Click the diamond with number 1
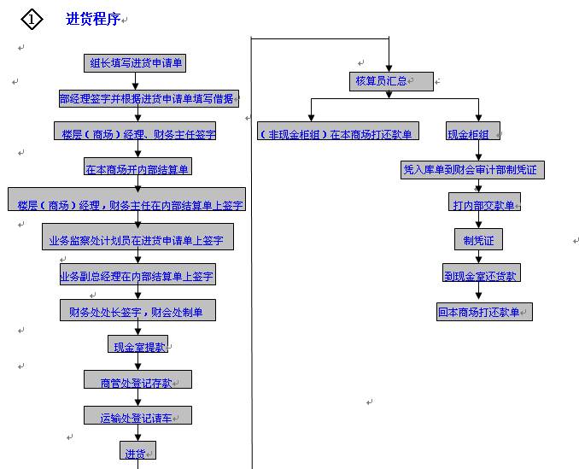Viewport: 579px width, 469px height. click(32, 19)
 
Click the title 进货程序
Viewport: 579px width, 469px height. click(93, 19)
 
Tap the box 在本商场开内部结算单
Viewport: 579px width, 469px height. click(137, 167)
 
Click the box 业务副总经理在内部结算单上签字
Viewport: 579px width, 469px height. click(137, 274)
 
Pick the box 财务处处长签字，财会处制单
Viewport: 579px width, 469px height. click(137, 310)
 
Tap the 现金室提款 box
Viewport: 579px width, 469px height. click(138, 345)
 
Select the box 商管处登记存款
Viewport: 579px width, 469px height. click(137, 380)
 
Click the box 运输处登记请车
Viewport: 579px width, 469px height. click(137, 416)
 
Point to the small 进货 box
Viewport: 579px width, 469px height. click(137, 450)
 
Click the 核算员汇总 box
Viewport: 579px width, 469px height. click(390, 82)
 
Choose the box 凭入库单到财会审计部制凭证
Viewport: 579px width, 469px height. click(472, 169)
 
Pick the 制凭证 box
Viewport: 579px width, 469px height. click(478, 239)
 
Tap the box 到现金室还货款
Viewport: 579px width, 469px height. click(481, 273)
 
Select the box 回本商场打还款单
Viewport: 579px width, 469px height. click(483, 312)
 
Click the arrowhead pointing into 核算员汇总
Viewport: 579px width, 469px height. click(389, 68)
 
